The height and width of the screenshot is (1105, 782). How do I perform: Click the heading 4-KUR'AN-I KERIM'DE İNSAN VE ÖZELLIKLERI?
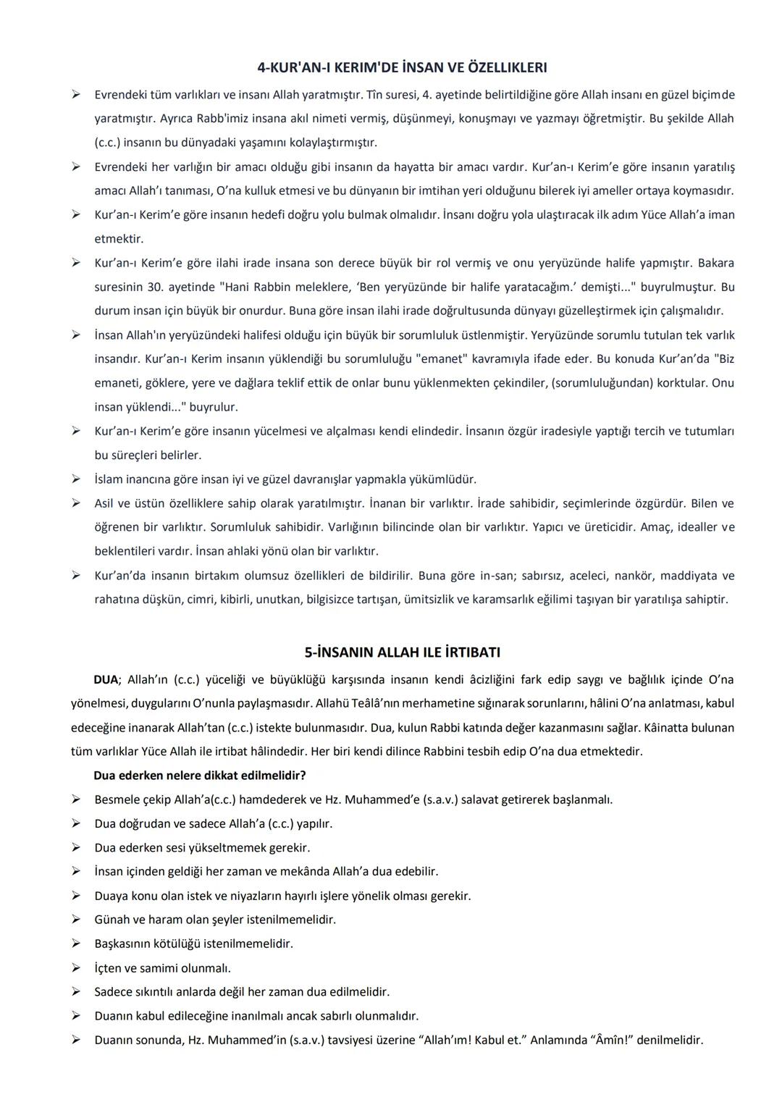tap(402, 67)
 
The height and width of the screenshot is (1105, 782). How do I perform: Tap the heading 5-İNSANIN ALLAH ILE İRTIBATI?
tap(402, 652)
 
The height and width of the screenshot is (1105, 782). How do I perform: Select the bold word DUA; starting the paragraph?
tap(106, 679)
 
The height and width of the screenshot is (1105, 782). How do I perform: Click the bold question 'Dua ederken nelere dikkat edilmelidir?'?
tap(199, 776)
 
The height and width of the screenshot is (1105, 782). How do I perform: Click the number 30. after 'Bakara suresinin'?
tap(155, 287)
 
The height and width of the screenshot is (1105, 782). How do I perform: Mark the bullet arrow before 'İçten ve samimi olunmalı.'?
tap(75, 967)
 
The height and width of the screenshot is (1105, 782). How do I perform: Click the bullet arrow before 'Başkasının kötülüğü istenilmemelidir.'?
tap(75, 944)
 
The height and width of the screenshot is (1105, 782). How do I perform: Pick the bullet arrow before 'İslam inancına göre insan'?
tap(75, 479)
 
